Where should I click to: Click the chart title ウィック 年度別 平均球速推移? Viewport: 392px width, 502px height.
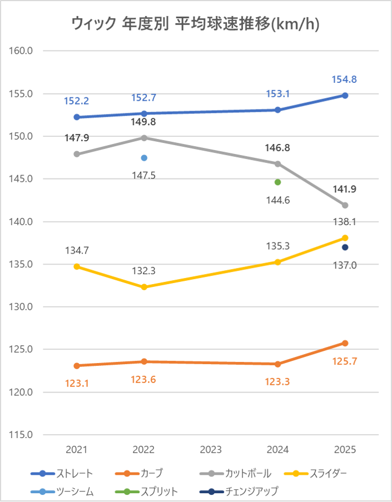[196, 23]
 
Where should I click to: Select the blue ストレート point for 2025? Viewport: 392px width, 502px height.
[345, 95]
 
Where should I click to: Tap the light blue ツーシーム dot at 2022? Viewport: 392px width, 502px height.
[144, 158]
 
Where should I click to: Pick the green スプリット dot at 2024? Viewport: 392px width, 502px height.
[278, 182]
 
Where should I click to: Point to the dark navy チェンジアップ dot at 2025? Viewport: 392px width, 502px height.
[345, 247]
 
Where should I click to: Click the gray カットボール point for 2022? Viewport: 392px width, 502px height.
[144, 137]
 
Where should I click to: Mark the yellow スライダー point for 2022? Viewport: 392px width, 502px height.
[144, 287]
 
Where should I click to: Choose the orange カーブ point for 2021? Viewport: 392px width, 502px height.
[77, 366]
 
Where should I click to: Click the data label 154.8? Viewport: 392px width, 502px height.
[344, 79]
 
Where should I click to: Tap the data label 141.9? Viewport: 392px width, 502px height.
[344, 189]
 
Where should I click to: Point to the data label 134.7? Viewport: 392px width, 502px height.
[77, 250]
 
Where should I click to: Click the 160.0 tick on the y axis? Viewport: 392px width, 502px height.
[22, 51]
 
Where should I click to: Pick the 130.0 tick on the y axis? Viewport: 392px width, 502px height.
[22, 307]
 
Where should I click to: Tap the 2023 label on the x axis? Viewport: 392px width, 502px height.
[211, 449]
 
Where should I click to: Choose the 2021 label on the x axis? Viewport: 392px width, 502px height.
[77, 449]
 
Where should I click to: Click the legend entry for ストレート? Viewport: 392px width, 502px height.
[62, 474]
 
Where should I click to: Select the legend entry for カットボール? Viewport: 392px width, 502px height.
[236, 474]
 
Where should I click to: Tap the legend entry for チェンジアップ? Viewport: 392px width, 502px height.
[239, 491]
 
